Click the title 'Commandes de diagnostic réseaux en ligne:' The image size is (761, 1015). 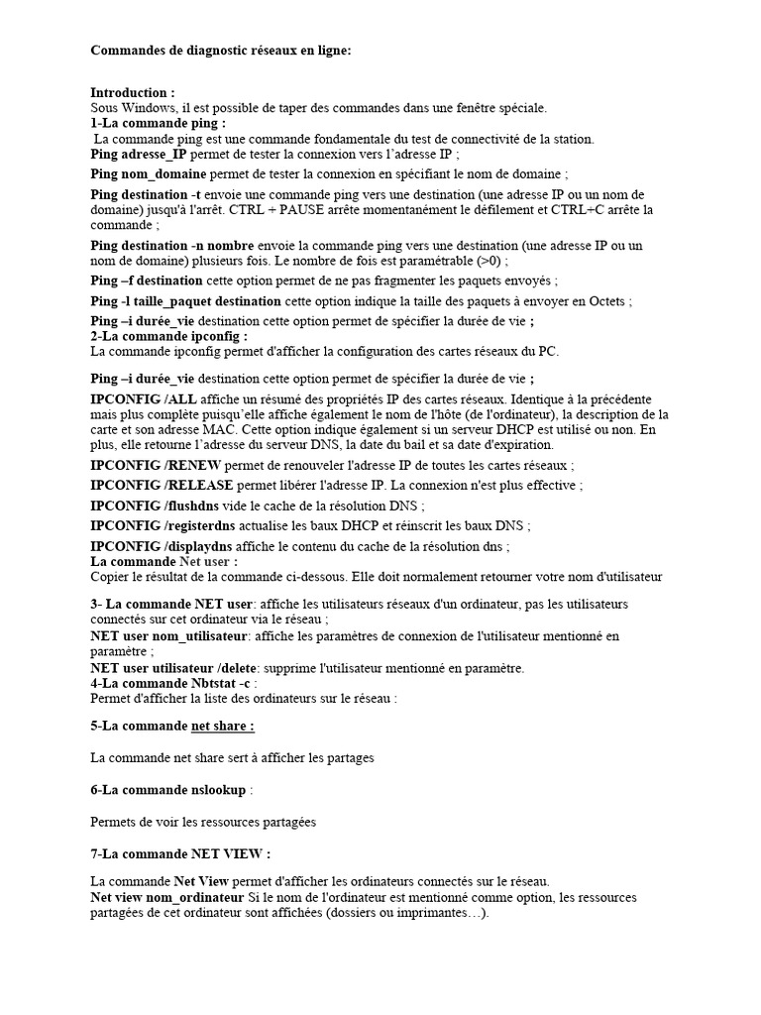click(x=220, y=50)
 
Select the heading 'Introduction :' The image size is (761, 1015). click(x=133, y=92)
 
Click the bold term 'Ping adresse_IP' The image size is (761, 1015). click(x=139, y=155)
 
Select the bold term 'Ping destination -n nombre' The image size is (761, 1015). click(x=172, y=245)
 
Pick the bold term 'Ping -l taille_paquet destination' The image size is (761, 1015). click(x=186, y=300)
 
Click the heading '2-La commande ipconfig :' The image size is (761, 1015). click(x=168, y=336)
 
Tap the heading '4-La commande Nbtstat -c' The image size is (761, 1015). click(x=170, y=683)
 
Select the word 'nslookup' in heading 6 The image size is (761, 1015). click(x=217, y=790)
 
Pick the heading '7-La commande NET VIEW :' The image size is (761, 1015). click(x=180, y=853)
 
